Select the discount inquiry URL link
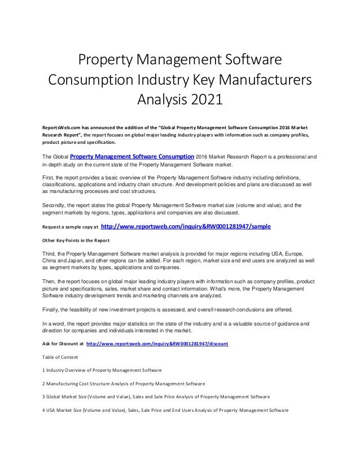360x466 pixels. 157,343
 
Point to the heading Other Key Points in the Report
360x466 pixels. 76,240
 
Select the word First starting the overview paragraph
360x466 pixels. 49,176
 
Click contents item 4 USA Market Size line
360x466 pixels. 166,410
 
